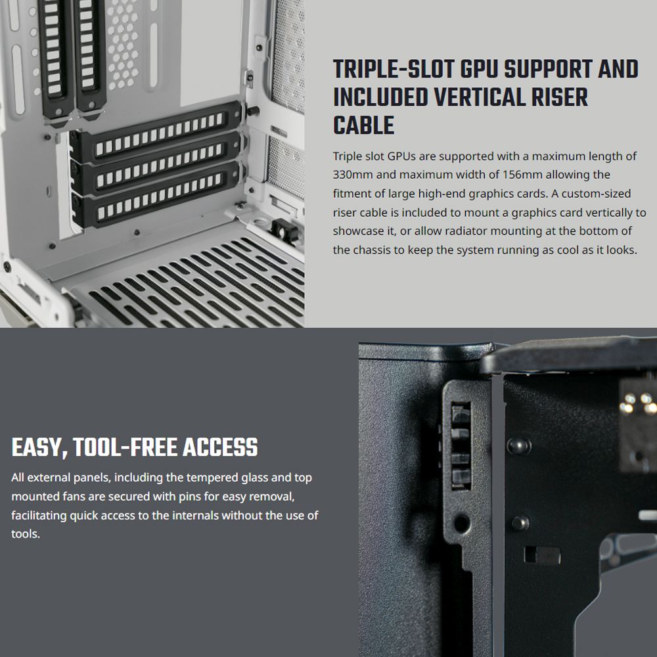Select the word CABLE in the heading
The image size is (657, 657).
(363, 125)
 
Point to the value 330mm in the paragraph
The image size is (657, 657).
(353, 175)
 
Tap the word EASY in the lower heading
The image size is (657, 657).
(38, 448)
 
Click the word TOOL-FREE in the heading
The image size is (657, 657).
(124, 448)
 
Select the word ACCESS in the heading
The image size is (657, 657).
(220, 448)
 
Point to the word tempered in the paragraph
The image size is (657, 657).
(209, 478)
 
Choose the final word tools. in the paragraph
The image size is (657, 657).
(26, 534)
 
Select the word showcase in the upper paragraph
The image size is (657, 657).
(358, 231)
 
